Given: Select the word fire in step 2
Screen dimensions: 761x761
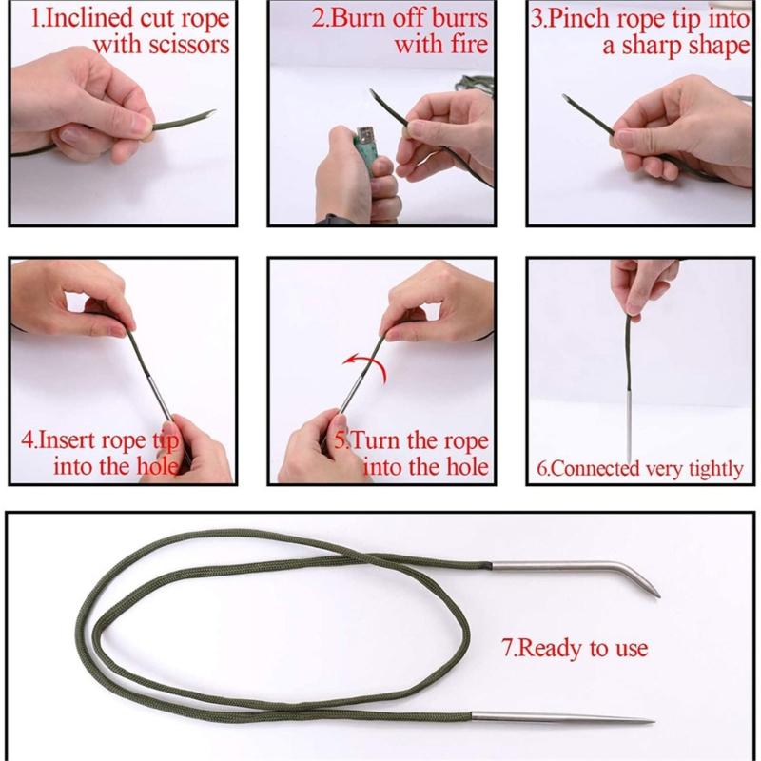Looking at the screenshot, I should [466, 45].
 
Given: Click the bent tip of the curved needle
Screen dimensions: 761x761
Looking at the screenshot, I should [654, 592].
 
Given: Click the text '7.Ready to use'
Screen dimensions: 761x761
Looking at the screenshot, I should [574, 649].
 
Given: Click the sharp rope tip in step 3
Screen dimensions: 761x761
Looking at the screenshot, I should [568, 100].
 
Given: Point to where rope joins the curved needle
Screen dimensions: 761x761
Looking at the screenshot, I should [493, 567].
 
